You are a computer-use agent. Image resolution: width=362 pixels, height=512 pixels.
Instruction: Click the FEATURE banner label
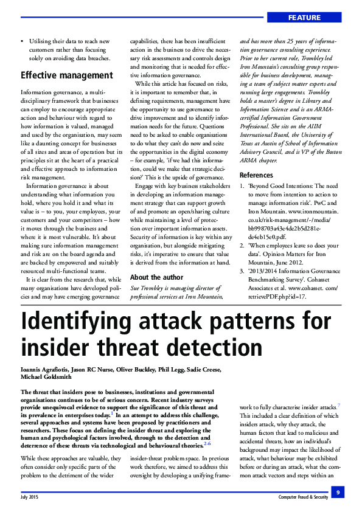(x=316, y=16)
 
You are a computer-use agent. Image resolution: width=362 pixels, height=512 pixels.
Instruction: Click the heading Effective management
(x=67, y=75)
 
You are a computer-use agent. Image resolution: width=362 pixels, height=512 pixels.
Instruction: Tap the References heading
(x=256, y=175)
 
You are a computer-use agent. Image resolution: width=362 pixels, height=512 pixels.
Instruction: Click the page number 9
(x=338, y=491)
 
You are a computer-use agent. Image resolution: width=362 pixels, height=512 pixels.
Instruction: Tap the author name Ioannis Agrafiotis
(x=43, y=370)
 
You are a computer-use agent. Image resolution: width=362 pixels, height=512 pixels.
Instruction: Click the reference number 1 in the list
(x=242, y=185)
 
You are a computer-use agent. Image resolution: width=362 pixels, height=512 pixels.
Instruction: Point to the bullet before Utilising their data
(x=23, y=41)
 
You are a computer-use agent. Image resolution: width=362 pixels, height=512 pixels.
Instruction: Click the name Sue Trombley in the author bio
(x=150, y=287)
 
